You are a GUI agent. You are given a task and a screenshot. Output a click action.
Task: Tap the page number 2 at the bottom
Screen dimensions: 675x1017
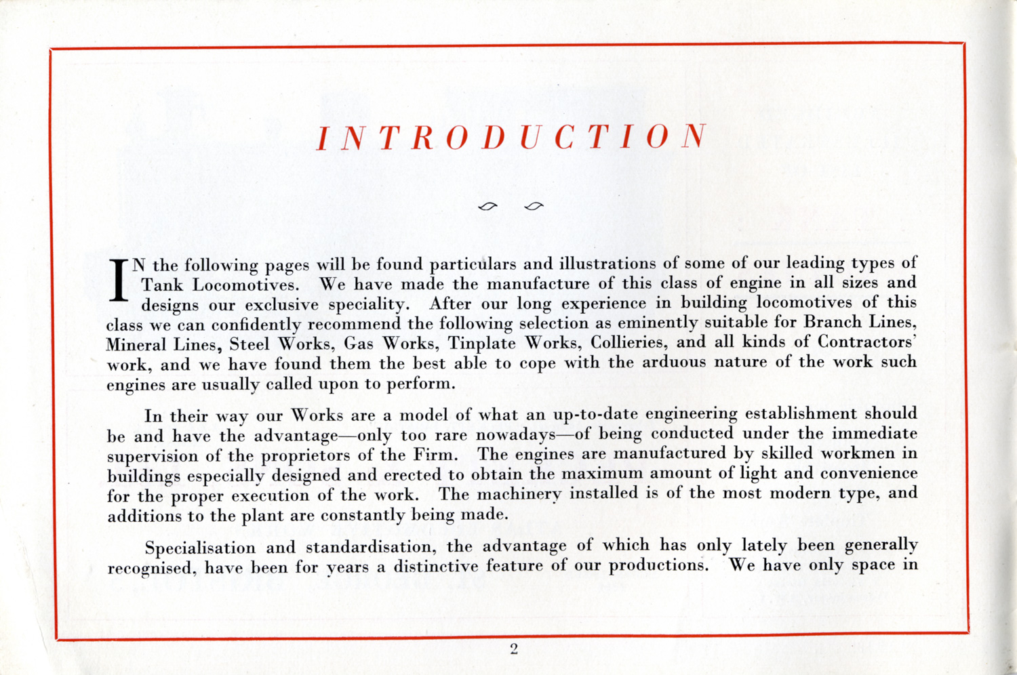514,649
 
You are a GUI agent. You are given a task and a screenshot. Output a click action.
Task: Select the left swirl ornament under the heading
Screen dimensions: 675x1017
487,206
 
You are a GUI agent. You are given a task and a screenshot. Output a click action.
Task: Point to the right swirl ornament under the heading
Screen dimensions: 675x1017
534,206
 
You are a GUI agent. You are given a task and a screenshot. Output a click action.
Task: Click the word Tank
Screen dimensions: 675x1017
162,285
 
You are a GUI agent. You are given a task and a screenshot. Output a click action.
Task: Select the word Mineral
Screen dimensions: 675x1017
136,344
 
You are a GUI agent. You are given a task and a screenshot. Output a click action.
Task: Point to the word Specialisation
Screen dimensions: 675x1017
200,548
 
